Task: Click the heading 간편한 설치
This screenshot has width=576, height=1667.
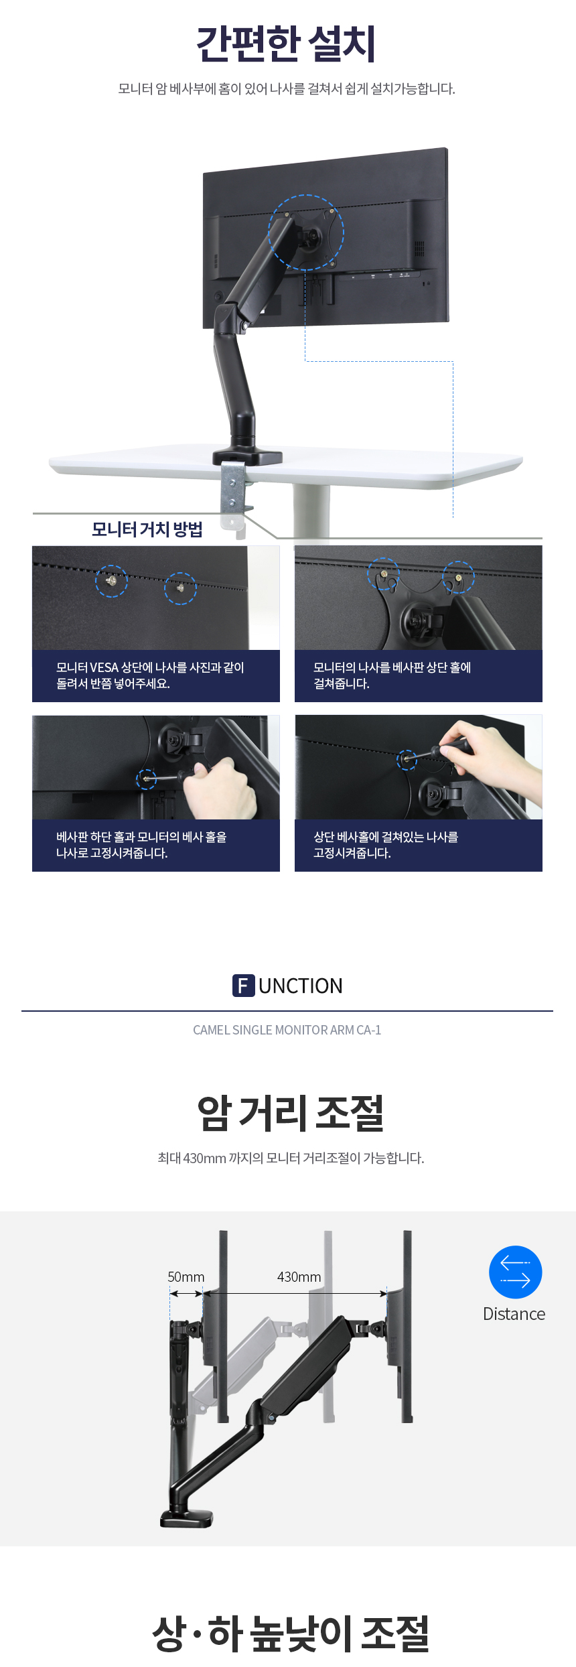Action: point(286,44)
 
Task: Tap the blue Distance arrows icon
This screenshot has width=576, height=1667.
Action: point(515,1272)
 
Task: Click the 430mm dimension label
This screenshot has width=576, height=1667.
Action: point(299,1277)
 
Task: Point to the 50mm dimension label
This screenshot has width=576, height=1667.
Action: point(186,1277)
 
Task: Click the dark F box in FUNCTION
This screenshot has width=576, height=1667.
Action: point(244,986)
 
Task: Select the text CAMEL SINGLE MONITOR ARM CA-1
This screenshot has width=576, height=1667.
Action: point(287,1030)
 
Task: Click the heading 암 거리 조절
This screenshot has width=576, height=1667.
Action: point(290,1113)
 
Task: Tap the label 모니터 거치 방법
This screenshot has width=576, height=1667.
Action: point(147,529)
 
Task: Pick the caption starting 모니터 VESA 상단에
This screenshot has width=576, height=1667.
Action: point(150,675)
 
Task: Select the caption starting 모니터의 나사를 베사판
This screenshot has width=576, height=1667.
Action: point(392,675)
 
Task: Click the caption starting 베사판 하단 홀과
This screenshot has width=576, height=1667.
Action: point(141,845)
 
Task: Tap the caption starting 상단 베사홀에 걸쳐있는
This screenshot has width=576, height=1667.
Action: point(386,845)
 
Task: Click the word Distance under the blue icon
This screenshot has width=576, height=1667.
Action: point(514,1314)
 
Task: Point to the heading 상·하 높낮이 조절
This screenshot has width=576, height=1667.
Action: point(290,1633)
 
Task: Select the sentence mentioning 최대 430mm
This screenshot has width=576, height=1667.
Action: point(291,1158)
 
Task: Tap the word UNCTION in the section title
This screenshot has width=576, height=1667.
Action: point(301,986)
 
